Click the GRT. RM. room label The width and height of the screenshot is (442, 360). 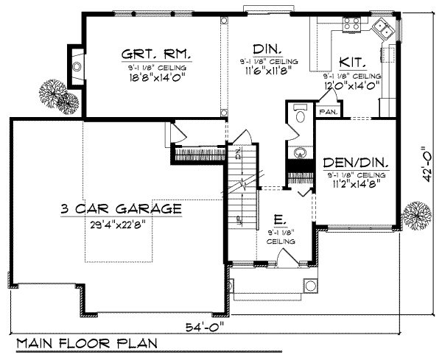point(156,55)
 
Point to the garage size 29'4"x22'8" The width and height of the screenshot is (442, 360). point(122,225)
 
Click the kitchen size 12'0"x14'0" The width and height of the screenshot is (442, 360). point(351,85)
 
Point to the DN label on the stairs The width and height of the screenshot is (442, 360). point(239,154)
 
